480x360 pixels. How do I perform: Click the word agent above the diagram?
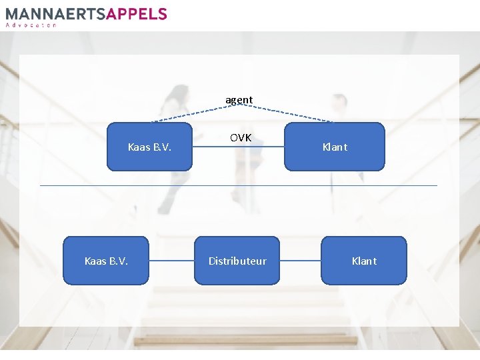tap(239, 100)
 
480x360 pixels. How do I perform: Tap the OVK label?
tap(241, 138)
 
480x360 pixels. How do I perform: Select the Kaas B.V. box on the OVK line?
tap(149, 147)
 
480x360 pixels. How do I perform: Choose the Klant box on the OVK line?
tap(335, 147)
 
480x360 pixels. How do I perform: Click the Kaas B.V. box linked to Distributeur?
tap(106, 261)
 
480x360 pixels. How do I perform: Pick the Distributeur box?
tap(237, 261)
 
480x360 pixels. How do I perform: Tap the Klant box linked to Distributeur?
tap(364, 261)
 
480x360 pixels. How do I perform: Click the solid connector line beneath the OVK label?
tap(238, 147)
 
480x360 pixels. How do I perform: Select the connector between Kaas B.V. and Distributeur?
tap(171, 261)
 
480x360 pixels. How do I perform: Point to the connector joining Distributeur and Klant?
tap(301, 261)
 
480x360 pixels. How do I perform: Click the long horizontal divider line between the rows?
tap(239, 185)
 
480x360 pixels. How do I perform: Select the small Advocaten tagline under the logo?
tap(31, 25)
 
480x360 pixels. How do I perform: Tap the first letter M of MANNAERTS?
tap(11, 14)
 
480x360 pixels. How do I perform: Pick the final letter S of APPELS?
tap(162, 14)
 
